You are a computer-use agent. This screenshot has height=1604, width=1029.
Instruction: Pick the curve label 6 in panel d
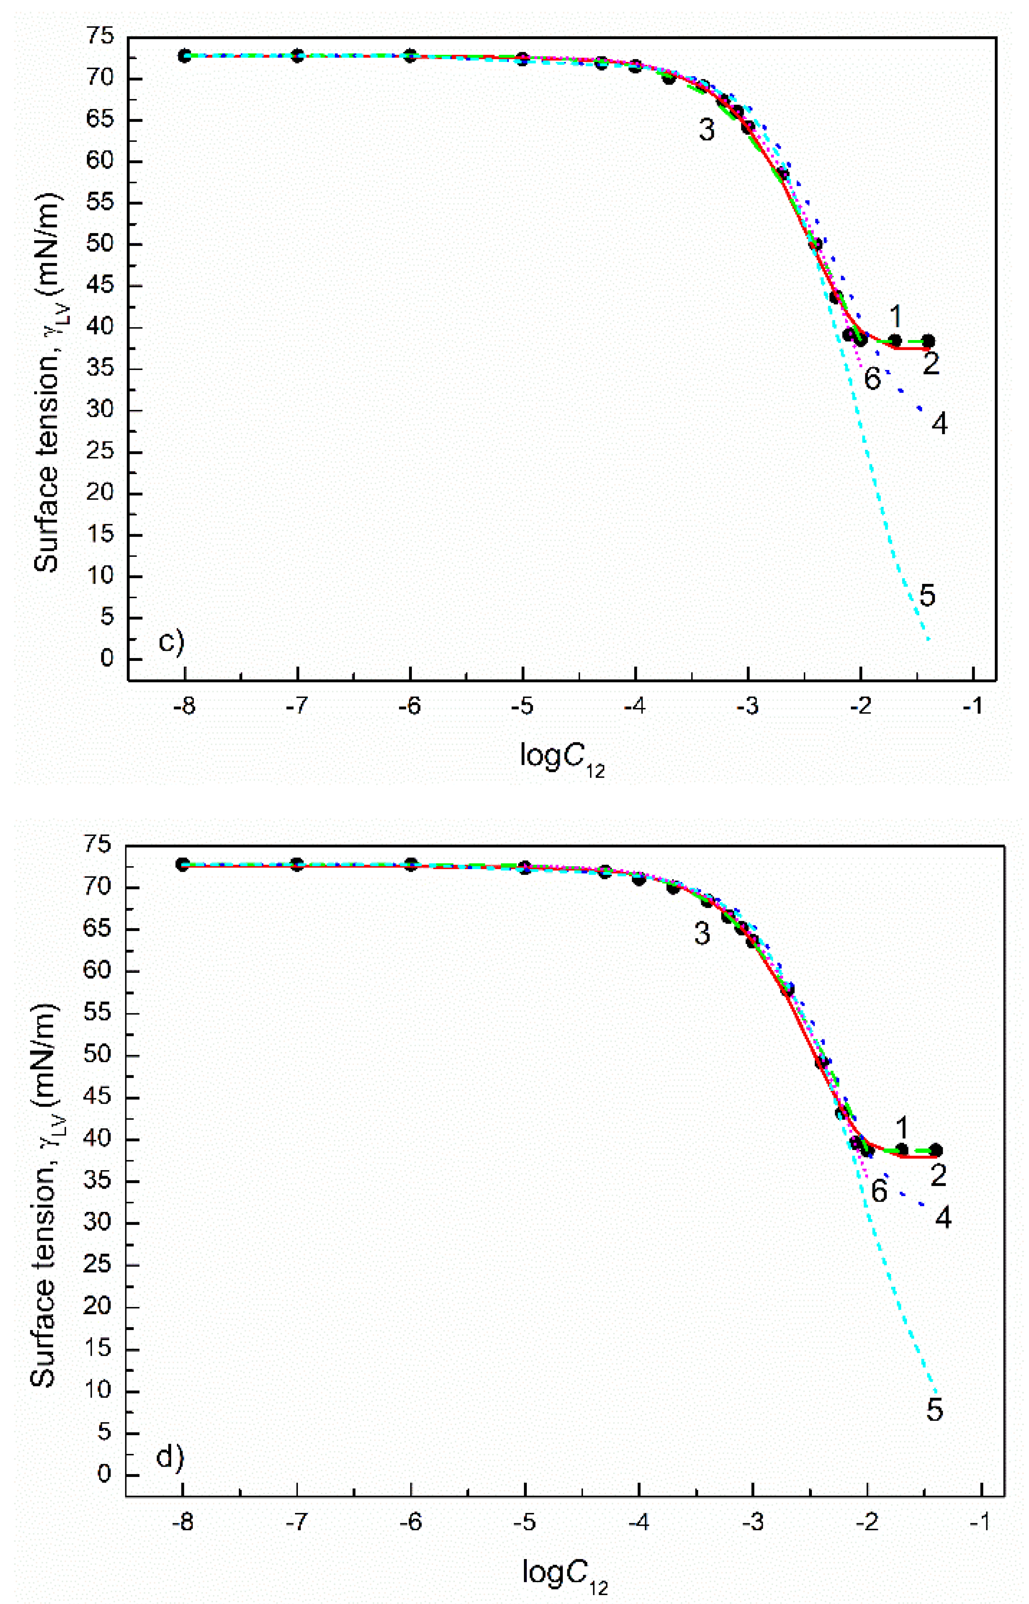[879, 1191]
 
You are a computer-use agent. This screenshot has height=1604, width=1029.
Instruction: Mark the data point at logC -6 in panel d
[412, 865]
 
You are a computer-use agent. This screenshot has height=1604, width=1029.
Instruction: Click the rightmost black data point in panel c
[928, 341]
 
